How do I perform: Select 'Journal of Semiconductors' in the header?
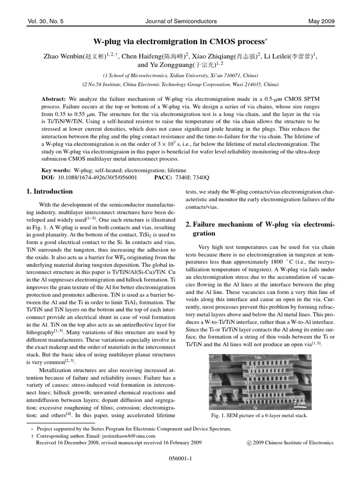coord(180,21)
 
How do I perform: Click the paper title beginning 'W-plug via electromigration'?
coord(180,41)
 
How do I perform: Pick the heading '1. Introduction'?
coord(49,191)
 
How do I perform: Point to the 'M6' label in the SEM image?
coord(258,358)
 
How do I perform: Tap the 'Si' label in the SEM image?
coord(255,407)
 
